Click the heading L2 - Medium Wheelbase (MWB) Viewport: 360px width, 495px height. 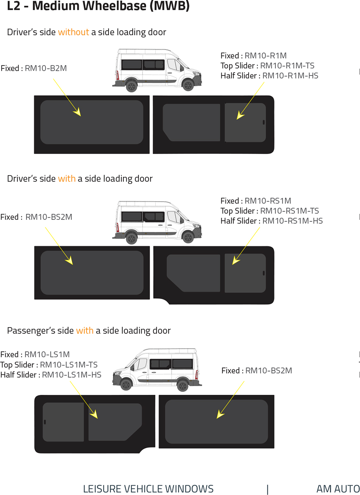(x=98, y=7)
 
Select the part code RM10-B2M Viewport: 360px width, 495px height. (x=45, y=68)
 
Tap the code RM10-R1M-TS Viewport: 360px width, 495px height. (x=287, y=66)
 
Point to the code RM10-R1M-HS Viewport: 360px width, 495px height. (x=290, y=75)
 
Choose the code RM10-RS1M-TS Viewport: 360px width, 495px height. (x=289, y=211)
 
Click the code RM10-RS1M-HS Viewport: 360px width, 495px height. (x=292, y=221)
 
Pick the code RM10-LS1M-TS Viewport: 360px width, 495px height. (x=69, y=365)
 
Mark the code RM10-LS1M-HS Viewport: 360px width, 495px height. (x=71, y=375)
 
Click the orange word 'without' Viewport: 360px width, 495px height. (x=73, y=32)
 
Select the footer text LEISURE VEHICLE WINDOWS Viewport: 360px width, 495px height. (x=148, y=489)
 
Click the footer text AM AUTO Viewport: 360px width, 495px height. (x=338, y=489)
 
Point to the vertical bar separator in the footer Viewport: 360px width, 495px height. (x=268, y=489)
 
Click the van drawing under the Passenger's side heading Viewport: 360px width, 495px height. (x=157, y=370)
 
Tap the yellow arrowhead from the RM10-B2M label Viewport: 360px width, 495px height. (x=77, y=112)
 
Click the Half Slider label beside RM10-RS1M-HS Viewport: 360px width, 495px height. (x=240, y=221)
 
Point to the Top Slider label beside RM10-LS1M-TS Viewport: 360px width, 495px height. (x=18, y=365)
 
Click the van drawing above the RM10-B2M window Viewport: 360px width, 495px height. (x=157, y=69)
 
